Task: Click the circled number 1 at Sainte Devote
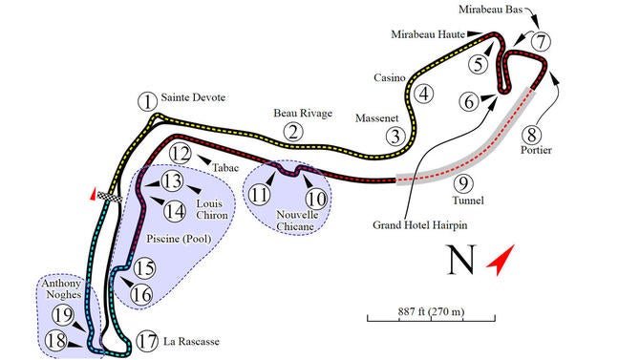(146, 100)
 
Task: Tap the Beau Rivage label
(303, 113)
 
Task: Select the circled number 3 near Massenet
(395, 136)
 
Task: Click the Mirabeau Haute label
(427, 33)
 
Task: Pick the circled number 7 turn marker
(542, 42)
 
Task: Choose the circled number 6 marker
(468, 100)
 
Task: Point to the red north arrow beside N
(501, 258)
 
